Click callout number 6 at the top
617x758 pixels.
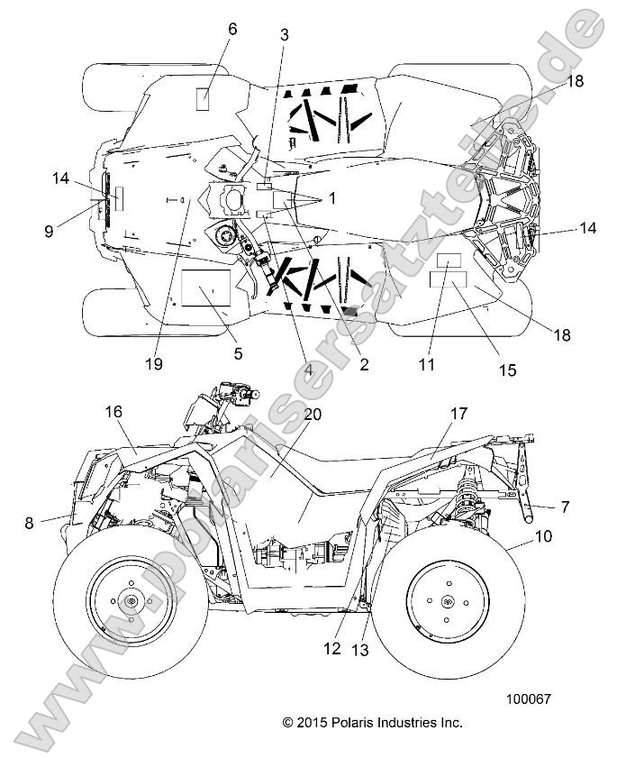tap(232, 29)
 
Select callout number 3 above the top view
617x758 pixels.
tap(284, 35)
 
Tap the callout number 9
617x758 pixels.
tap(49, 232)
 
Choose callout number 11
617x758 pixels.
tap(426, 364)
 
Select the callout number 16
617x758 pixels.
tap(113, 411)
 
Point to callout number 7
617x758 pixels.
tap(565, 507)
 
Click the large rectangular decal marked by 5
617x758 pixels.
tap(205, 289)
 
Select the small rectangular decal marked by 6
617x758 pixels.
tap(204, 99)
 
